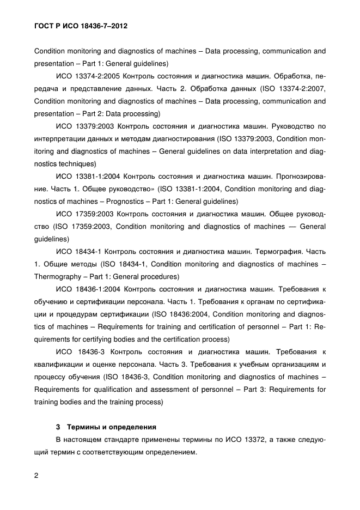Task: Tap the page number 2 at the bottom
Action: click(x=36, y=476)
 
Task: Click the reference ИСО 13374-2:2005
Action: click(x=85, y=76)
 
